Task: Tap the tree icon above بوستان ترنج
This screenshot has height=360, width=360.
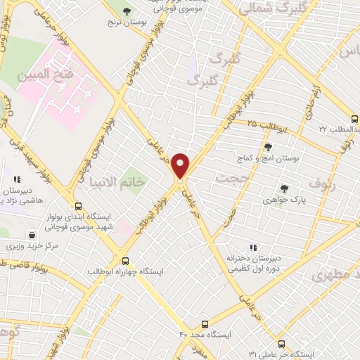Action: click(x=127, y=11)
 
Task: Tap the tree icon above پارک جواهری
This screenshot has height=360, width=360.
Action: click(x=284, y=188)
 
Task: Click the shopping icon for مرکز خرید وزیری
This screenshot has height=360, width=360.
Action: click(x=32, y=235)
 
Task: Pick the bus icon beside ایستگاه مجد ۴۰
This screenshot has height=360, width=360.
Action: click(x=204, y=324)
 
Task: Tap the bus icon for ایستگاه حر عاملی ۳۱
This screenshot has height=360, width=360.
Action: click(x=282, y=344)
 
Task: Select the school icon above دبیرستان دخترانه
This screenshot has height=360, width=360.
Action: click(x=252, y=247)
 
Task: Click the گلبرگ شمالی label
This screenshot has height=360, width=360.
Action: click(x=271, y=9)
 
